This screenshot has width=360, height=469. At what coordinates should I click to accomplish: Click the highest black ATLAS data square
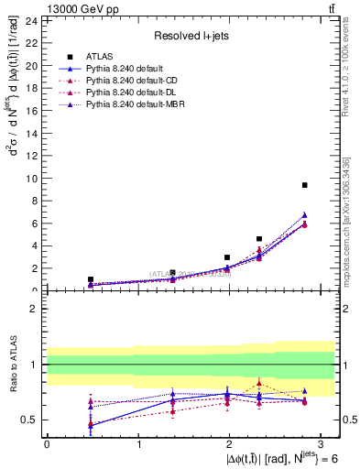pos(304,185)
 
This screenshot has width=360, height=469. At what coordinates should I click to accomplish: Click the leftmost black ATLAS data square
pos(91,279)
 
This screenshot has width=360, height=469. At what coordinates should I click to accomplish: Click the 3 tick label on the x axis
pos(323,443)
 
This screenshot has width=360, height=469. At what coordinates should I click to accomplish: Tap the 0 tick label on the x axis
pos(47,443)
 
